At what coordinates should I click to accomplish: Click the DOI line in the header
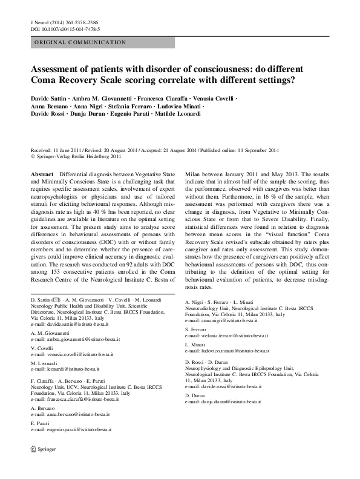(65, 29)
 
